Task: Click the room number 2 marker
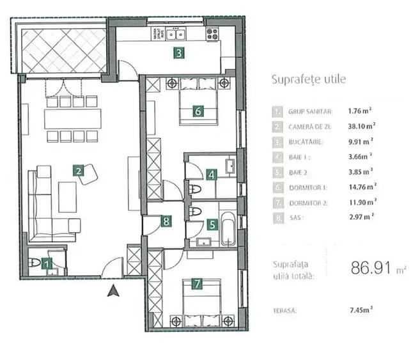point(77,171)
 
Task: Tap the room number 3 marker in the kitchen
point(180,54)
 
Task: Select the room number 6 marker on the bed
point(198,111)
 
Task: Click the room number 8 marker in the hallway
point(166,222)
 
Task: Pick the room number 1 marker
point(46,262)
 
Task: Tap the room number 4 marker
point(212,174)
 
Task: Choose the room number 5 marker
point(212,224)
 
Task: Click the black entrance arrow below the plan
point(113,292)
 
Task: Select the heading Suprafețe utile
point(309,79)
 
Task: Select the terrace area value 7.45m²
point(361,309)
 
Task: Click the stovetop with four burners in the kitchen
point(212,33)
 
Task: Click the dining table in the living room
point(72,118)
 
